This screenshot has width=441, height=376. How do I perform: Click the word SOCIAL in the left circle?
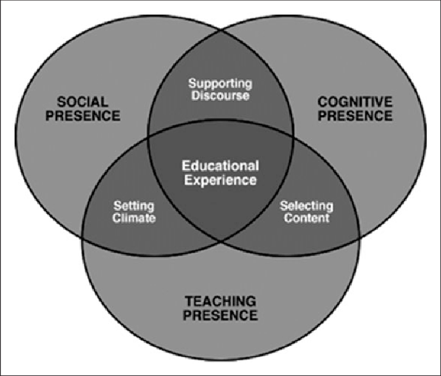(83, 101)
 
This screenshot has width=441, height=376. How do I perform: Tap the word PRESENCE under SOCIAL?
(83, 115)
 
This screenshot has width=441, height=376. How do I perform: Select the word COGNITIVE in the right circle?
(355, 101)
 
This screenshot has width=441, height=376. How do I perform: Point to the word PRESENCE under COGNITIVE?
(355, 115)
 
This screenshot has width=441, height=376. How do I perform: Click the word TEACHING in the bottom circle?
(220, 301)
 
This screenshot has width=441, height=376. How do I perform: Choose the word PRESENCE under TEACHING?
(220, 315)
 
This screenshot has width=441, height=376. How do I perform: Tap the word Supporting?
(220, 83)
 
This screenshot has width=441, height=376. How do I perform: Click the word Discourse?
(220, 96)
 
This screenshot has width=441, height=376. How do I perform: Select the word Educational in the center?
(220, 166)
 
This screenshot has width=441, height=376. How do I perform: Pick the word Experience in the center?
(220, 180)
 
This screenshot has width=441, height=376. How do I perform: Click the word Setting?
(134, 206)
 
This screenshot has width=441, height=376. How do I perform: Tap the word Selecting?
(307, 206)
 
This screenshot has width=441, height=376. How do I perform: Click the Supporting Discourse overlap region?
(220, 103)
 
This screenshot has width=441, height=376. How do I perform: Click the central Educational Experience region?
(220, 189)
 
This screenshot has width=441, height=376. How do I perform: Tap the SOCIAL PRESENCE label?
(83, 108)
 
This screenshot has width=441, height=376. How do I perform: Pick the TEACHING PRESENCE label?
(220, 308)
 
